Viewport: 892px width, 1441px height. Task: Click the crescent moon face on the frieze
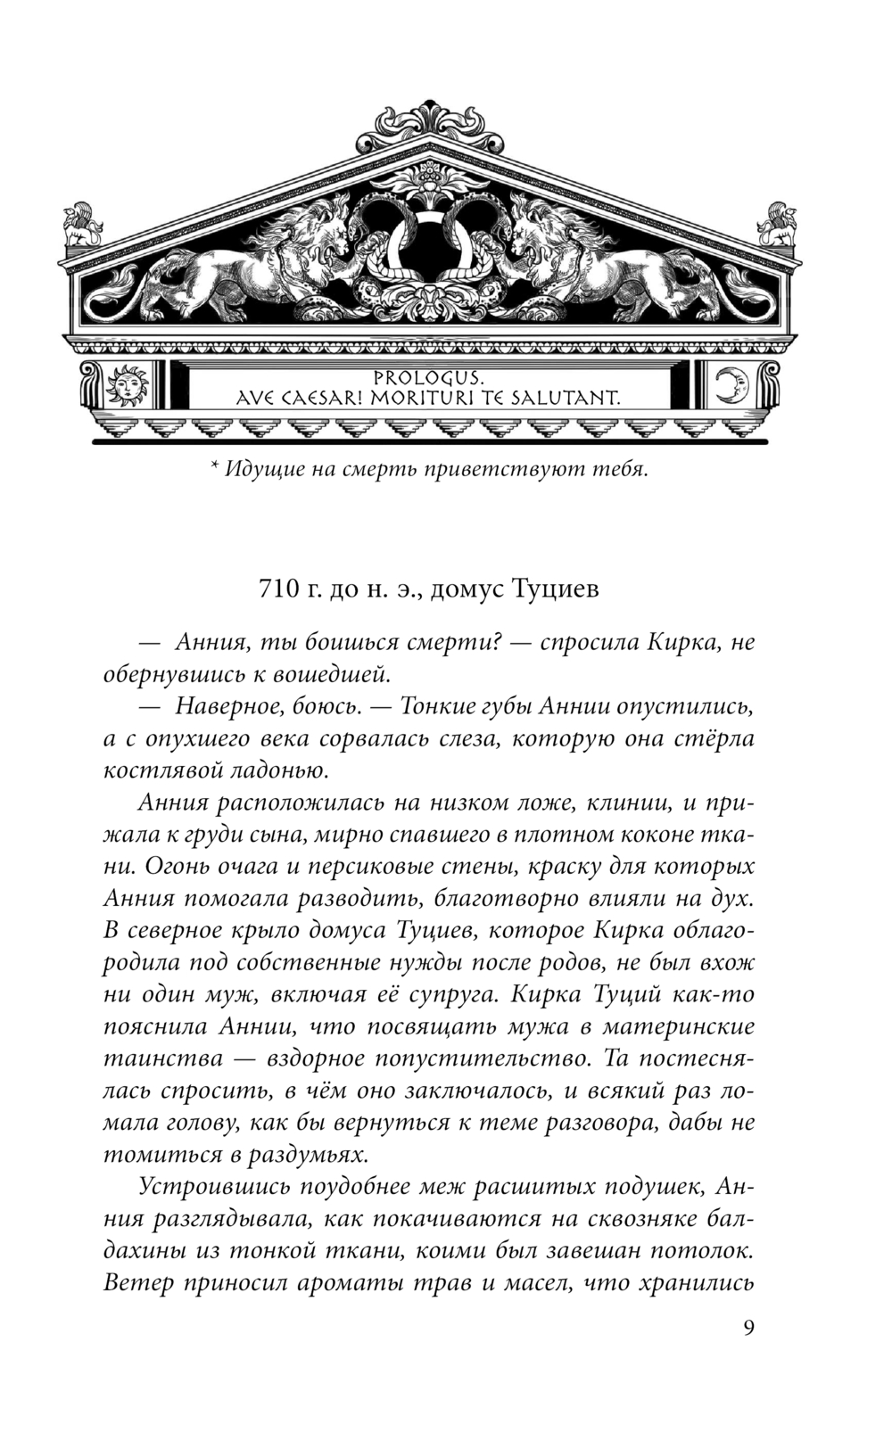pyautogui.click(x=733, y=385)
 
